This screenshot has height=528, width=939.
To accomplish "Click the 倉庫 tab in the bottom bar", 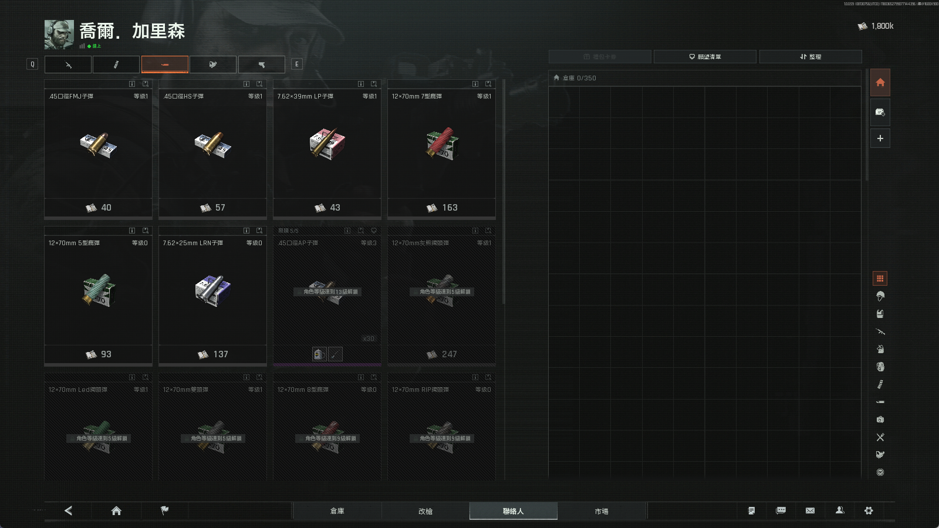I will point(337,511).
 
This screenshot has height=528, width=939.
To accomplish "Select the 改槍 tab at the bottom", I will point(425,511).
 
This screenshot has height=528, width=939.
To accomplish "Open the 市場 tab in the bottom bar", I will point(602,511).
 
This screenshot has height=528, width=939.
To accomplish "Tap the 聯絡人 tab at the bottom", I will point(513,511).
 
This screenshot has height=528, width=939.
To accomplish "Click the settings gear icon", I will point(869,510).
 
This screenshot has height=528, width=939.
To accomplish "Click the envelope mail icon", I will point(810,510).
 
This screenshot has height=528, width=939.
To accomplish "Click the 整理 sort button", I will point(810,57).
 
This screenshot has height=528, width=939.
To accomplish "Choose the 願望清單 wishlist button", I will point(705,57).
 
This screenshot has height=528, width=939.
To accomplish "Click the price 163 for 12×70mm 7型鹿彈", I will point(449,208).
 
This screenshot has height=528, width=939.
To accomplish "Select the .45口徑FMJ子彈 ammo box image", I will point(98,145).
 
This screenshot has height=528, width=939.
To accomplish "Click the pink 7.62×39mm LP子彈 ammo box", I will point(327,144).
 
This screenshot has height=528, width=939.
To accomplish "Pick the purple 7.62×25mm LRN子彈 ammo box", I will point(212,290).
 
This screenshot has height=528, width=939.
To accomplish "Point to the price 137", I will point(220,354).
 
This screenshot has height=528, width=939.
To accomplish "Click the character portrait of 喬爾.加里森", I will point(59,34).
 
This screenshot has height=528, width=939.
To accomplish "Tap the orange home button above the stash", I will point(880,83).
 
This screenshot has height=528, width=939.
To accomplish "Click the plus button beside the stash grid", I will point(880,138).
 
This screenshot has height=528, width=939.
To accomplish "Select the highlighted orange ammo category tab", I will point(165,65).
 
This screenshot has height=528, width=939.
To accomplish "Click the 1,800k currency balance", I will point(881,26).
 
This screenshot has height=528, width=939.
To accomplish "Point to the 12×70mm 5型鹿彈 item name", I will point(74,243).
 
